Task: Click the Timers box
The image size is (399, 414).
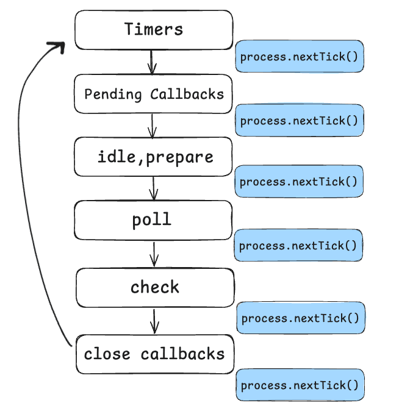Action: pyautogui.click(x=153, y=29)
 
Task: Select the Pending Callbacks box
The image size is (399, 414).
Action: pyautogui.click(x=153, y=94)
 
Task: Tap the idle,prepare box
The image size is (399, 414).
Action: pyautogui.click(x=153, y=157)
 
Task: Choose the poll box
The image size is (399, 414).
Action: pyautogui.click(x=153, y=220)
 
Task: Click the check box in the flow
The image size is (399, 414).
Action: pyautogui.click(x=154, y=287)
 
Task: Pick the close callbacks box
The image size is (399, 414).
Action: pyautogui.click(x=154, y=354)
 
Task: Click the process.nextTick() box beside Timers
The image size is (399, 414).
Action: pyautogui.click(x=299, y=57)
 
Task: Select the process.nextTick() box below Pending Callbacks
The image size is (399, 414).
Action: pyautogui.click(x=299, y=120)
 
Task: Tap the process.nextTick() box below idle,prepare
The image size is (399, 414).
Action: pyautogui.click(x=299, y=181)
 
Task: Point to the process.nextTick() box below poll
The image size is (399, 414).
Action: pyautogui.click(x=299, y=245)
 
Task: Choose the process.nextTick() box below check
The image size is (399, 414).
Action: pyautogui.click(x=301, y=318)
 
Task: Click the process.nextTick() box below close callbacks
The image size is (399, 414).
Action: pyautogui.click(x=301, y=385)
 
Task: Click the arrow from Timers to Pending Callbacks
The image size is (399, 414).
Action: pyautogui.click(x=151, y=62)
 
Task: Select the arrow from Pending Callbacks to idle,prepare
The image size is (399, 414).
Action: pyautogui.click(x=152, y=125)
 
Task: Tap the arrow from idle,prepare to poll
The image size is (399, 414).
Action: pyautogui.click(x=153, y=188)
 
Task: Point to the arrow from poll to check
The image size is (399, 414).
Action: pyautogui.click(x=154, y=254)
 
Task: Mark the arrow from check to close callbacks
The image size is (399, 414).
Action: pyautogui.click(x=154, y=320)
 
